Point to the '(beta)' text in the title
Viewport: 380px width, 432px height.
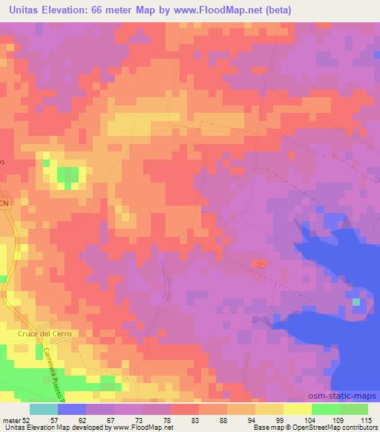(x=275, y=10)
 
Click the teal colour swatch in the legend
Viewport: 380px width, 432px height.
(x=44, y=408)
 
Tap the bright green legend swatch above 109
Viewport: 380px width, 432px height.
(x=326, y=408)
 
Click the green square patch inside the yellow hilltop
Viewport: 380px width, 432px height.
(x=68, y=176)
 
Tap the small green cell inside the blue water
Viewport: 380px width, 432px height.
(x=357, y=301)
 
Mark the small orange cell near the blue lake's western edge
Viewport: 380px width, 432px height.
(x=259, y=263)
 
